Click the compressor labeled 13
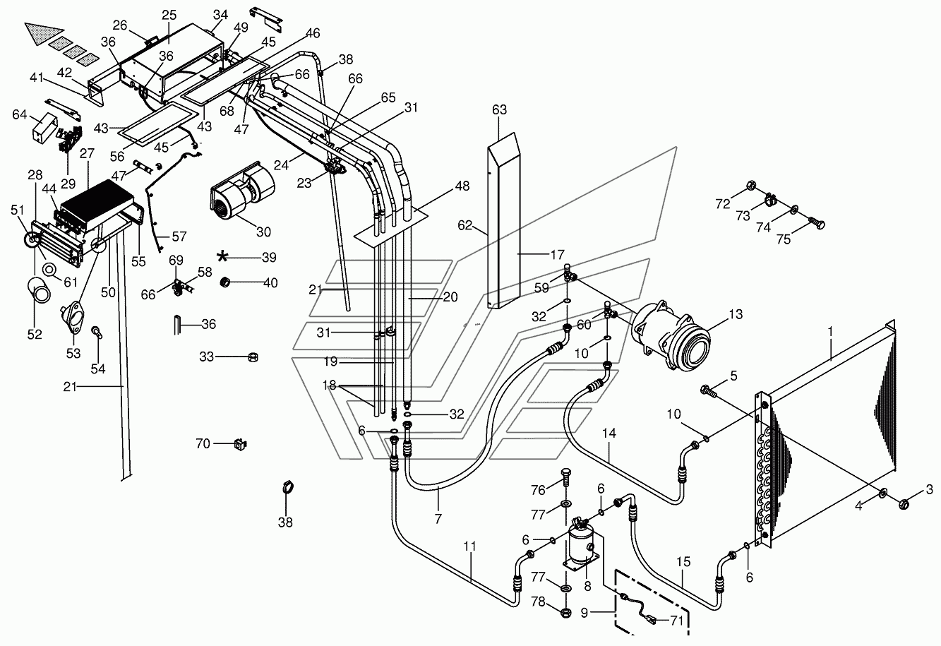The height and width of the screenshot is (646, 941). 671,335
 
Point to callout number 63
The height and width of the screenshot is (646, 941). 500,109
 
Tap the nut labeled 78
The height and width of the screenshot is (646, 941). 566,612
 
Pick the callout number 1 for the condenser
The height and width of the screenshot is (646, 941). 830,333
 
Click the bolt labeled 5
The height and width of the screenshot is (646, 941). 708,391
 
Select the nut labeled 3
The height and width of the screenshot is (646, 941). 904,503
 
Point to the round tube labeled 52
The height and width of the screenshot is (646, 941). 39,291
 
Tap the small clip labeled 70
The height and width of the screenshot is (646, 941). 240,443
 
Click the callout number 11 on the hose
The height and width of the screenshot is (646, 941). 469,546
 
